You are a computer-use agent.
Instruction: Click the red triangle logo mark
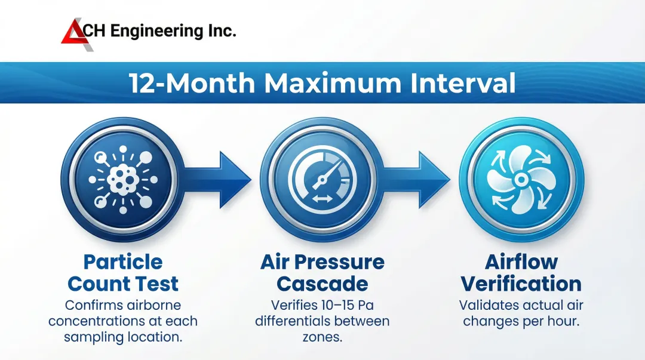tap(73, 34)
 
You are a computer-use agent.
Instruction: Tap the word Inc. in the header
tap(222, 31)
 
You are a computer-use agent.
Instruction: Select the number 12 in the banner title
tap(143, 83)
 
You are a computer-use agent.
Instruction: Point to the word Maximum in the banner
tap(333, 83)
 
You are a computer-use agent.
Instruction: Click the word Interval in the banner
tap(463, 83)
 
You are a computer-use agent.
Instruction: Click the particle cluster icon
tap(123, 179)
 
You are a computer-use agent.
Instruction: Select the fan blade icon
tap(521, 179)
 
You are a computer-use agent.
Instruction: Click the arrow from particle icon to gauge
tap(217, 179)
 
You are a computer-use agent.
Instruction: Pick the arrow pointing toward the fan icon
tap(416, 179)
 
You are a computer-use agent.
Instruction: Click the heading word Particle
tap(123, 262)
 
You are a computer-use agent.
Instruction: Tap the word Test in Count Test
tap(158, 284)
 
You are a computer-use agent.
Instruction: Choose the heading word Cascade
tap(322, 284)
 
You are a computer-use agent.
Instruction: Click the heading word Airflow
tap(521, 262)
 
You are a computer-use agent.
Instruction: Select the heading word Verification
tap(521, 284)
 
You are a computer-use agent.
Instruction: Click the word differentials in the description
tap(293, 321)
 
